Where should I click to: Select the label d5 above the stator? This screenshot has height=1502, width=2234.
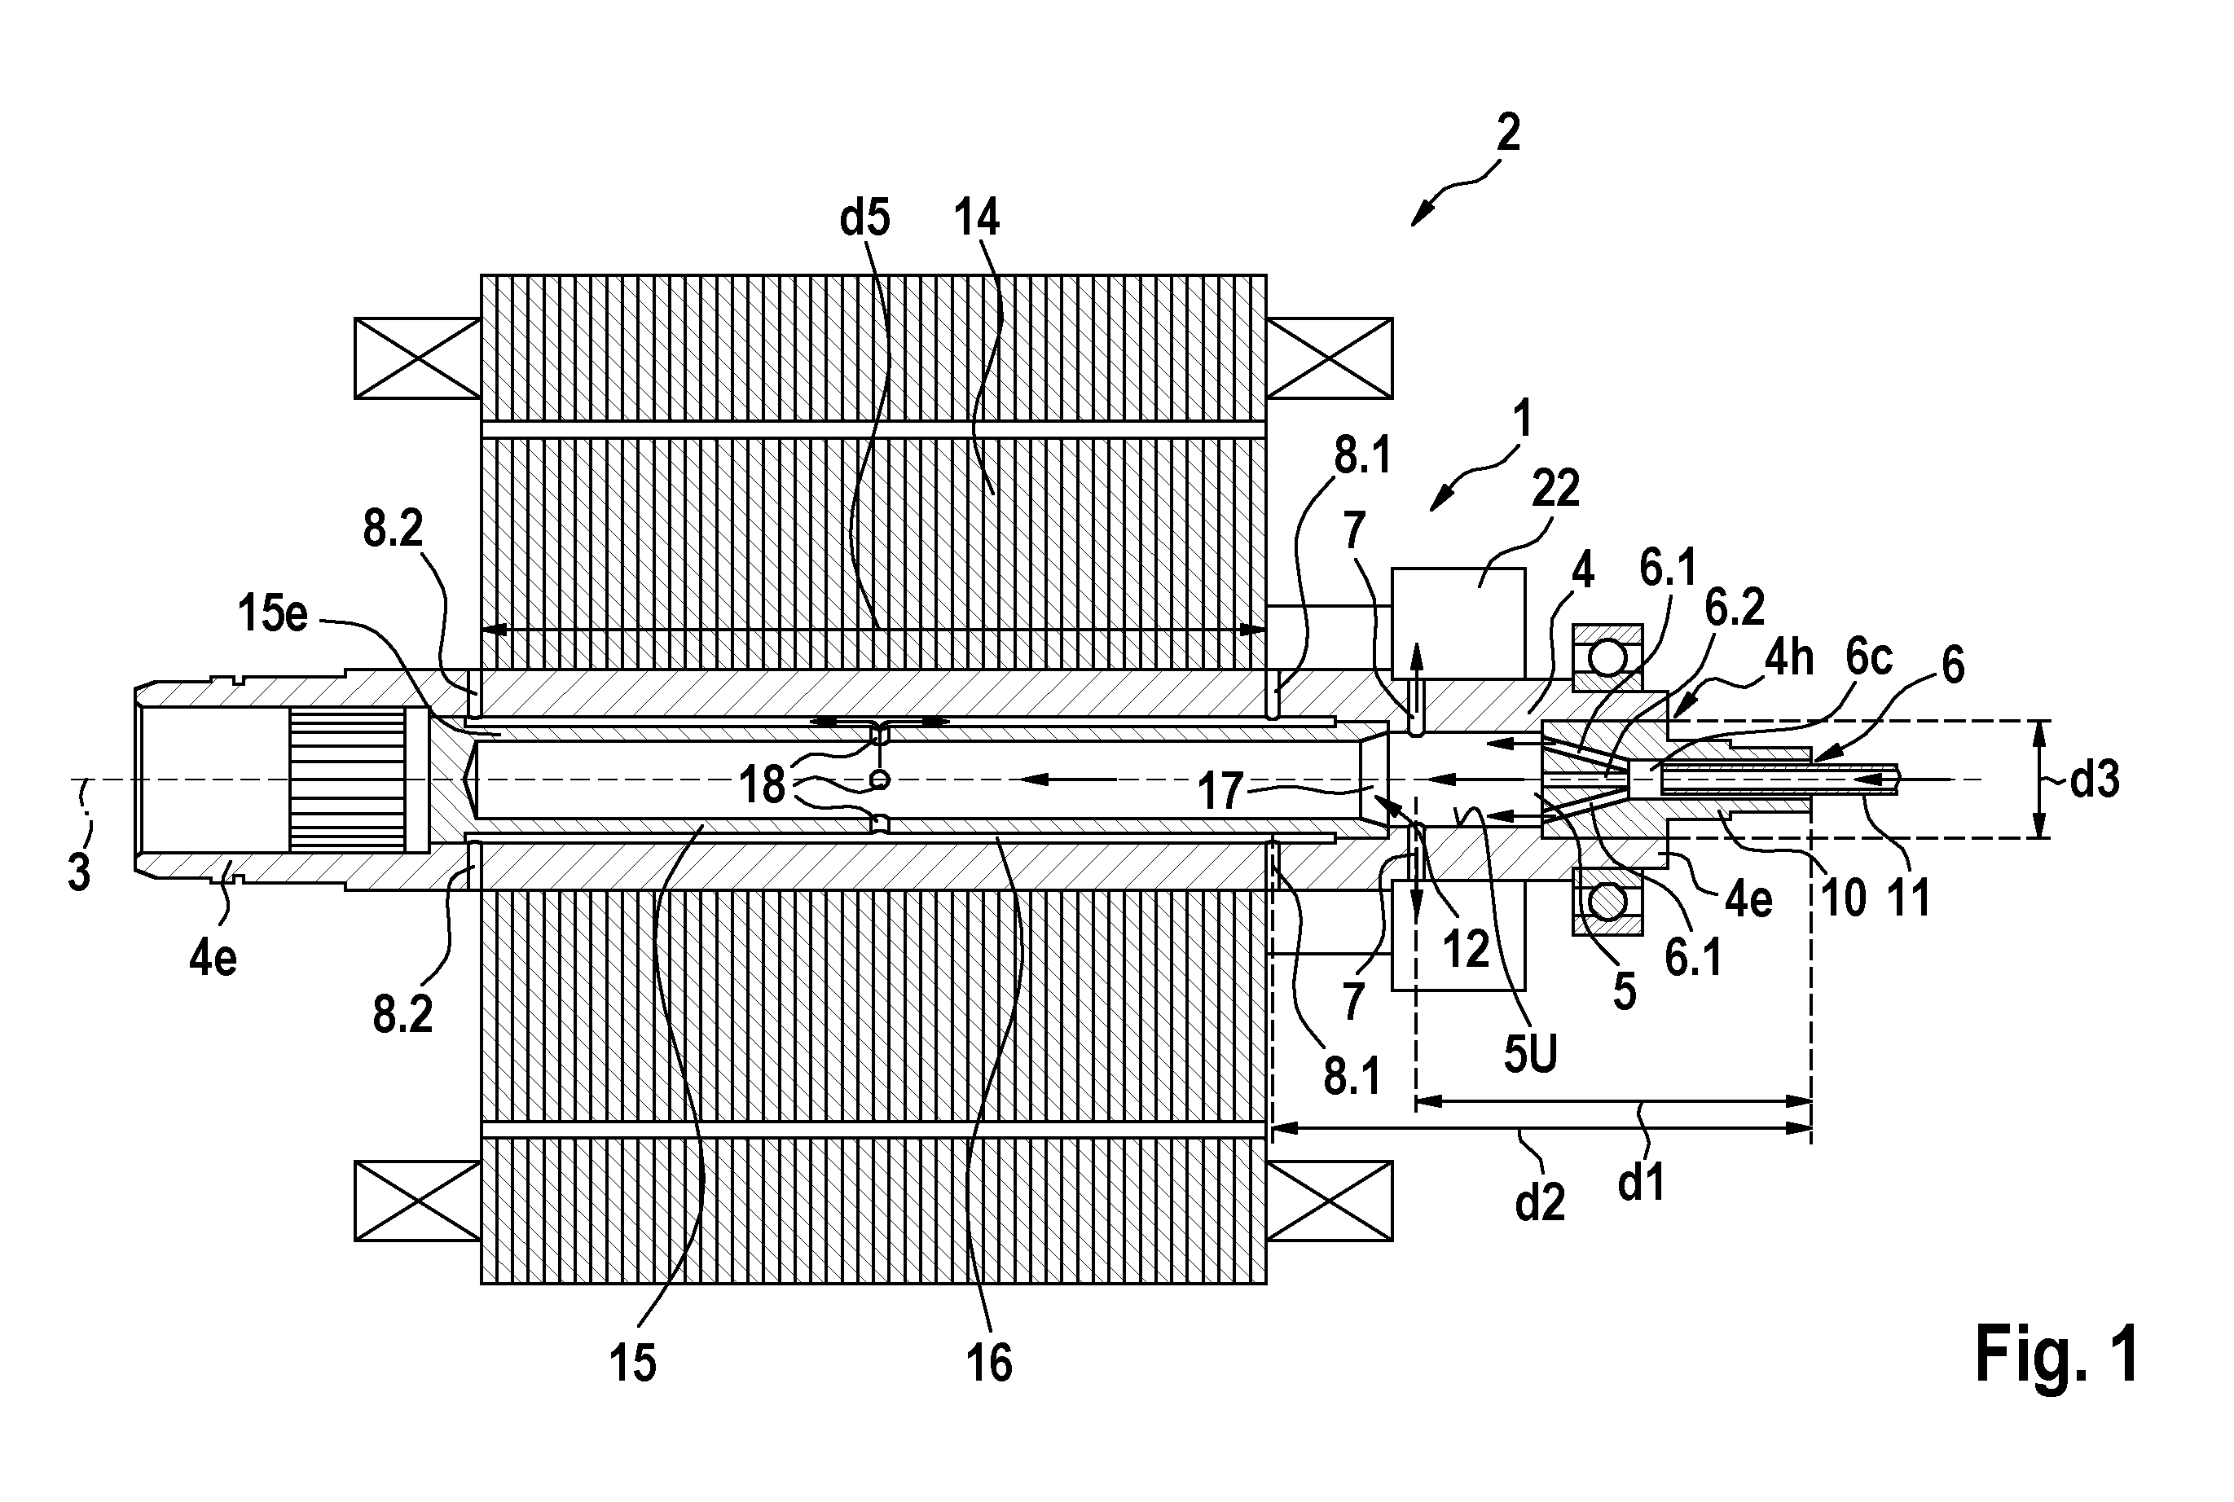[x=865, y=218]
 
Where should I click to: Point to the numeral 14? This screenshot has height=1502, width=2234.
[x=977, y=217]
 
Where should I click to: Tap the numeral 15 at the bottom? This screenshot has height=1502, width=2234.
[x=633, y=1361]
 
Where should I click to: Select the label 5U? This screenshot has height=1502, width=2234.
[x=1531, y=1054]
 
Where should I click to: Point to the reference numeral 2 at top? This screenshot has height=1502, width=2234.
[x=1508, y=132]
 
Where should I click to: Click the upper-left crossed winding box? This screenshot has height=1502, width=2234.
[x=418, y=358]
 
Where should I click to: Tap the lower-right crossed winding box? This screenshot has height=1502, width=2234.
[x=1330, y=1201]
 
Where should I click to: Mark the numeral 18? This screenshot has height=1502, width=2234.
[x=762, y=785]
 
